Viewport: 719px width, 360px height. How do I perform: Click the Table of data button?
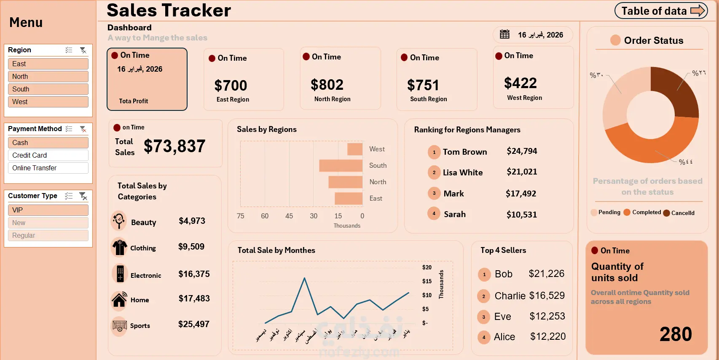[x=660, y=11]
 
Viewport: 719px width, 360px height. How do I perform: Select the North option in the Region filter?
[x=48, y=76]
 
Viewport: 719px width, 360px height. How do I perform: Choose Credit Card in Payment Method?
[x=48, y=155]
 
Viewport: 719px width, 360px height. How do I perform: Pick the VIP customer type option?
[x=48, y=210]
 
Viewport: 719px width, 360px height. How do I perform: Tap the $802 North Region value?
[x=327, y=85]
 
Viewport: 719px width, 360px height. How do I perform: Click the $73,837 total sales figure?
[x=174, y=146]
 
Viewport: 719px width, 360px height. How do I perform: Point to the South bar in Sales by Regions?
[x=341, y=166]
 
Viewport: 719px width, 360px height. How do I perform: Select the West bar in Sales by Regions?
[x=355, y=149]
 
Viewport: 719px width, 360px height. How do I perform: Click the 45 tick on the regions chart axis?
[x=289, y=216]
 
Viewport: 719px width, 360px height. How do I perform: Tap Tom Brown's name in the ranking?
[x=465, y=152]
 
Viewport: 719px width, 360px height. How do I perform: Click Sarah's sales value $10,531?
[x=522, y=215]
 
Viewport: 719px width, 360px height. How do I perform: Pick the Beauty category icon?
[x=119, y=220]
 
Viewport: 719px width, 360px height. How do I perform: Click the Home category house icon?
[x=119, y=299]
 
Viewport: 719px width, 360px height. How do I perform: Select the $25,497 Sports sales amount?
[x=194, y=324]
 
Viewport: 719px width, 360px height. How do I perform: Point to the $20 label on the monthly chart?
[x=427, y=267]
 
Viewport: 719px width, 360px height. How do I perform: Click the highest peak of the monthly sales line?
[x=304, y=278]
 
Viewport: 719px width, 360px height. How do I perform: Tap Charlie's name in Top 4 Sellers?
[x=510, y=296]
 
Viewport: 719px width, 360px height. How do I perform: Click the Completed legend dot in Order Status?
[x=627, y=212]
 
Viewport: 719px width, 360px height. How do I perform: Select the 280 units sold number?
[x=676, y=334]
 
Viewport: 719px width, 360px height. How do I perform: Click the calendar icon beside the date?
[x=504, y=35]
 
